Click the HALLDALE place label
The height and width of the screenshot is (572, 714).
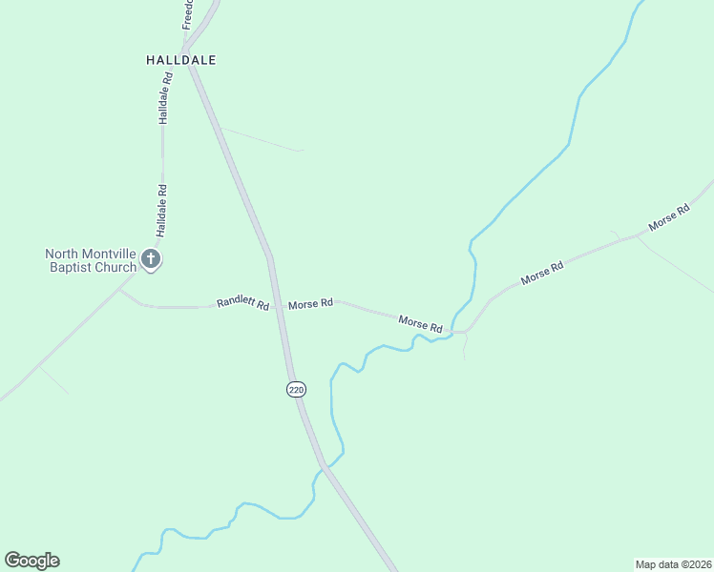[x=180, y=59]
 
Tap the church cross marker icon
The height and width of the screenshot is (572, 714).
[x=151, y=258]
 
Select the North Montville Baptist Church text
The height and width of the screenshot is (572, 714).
[x=92, y=260]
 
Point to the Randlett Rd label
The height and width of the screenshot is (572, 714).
[x=242, y=303]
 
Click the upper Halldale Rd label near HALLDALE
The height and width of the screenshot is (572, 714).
[x=165, y=99]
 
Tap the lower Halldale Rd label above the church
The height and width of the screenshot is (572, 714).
[x=162, y=211]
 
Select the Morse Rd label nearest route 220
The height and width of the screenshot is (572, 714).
[x=310, y=303]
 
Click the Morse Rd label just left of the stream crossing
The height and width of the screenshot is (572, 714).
[x=420, y=324]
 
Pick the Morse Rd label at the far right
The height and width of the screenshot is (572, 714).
[x=668, y=218]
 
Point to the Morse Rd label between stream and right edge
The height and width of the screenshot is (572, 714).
[x=542, y=273]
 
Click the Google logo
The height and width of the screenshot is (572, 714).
[x=31, y=560]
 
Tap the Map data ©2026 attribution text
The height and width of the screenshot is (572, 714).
[x=673, y=563]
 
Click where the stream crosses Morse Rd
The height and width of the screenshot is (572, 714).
[x=452, y=331]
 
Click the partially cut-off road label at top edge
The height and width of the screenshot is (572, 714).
[x=188, y=13]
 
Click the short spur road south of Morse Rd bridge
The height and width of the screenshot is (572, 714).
[x=464, y=347]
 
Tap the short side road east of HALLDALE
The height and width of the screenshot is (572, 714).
[x=260, y=139]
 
